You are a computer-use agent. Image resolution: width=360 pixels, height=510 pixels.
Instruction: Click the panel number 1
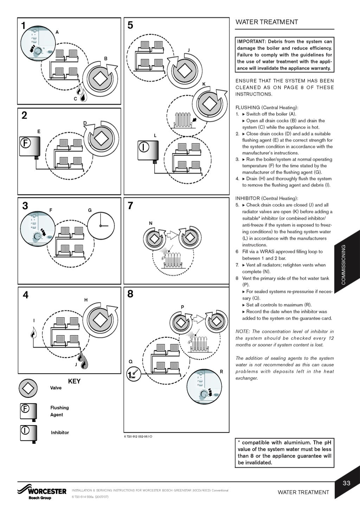pyautogui.click(x=23, y=26)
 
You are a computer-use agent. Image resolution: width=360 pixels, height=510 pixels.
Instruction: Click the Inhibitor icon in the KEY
pyautogui.click(x=28, y=433)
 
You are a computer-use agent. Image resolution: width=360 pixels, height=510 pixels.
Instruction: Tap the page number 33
pyautogui.click(x=346, y=483)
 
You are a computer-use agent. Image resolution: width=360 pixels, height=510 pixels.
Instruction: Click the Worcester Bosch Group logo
pyautogui.click(x=42, y=491)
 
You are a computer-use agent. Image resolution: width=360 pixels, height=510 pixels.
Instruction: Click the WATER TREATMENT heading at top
pyautogui.click(x=266, y=22)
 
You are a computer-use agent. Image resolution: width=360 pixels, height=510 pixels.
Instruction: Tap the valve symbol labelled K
pyautogui.click(x=209, y=104)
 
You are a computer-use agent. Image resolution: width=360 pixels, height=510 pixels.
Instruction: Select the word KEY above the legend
pyautogui.click(x=74, y=381)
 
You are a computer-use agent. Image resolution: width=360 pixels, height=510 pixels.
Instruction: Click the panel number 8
pyautogui.click(x=130, y=294)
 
